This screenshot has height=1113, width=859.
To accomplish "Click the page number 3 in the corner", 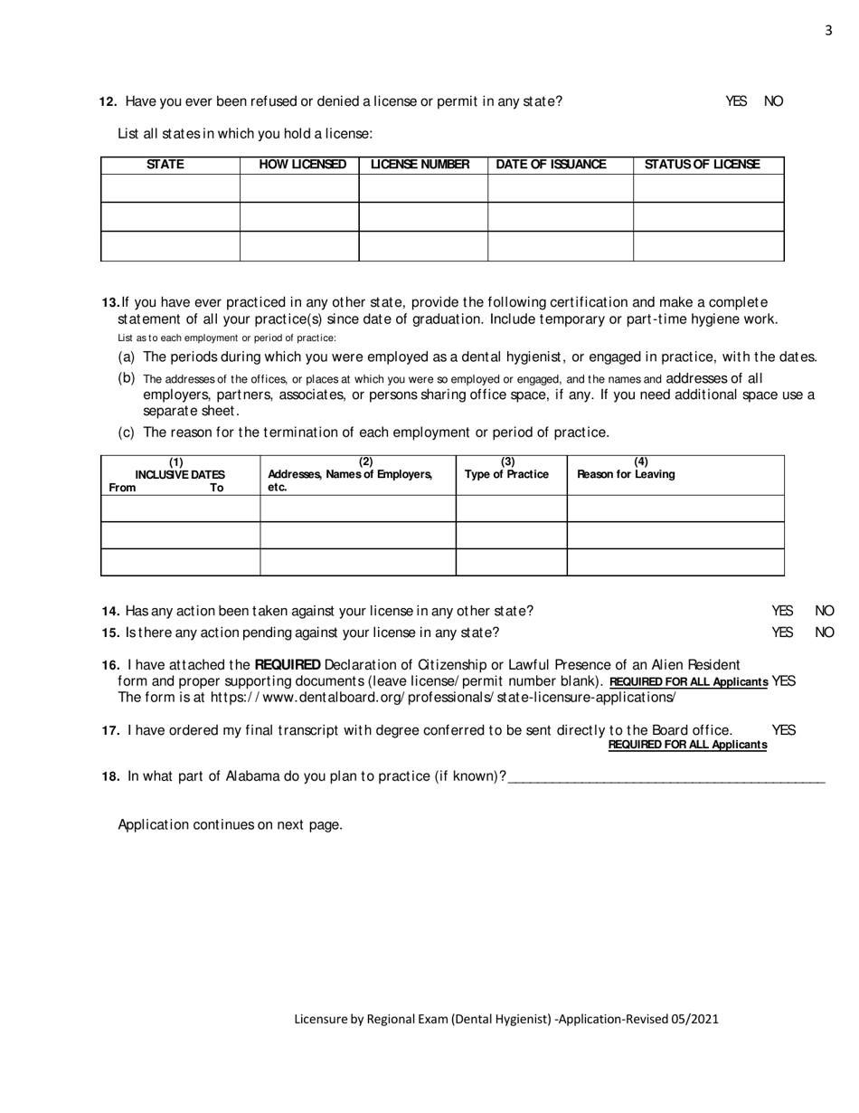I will tap(828, 31).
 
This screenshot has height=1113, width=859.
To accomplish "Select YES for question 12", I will tap(736, 101).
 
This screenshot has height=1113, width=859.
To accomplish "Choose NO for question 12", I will tap(774, 101).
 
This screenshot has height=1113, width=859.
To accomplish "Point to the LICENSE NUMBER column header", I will tap(420, 165).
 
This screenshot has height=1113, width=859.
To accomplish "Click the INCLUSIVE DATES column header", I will tap(180, 474).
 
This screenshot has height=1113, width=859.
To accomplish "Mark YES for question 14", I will tap(782, 612).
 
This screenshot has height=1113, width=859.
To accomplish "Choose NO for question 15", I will tap(825, 633).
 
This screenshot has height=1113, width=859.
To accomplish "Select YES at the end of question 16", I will tap(784, 680).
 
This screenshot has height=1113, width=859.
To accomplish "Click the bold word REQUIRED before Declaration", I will tap(288, 665).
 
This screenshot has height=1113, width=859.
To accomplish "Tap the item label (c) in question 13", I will tap(127, 433).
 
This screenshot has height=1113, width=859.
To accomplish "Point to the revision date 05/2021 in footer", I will tap(695, 1019).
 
